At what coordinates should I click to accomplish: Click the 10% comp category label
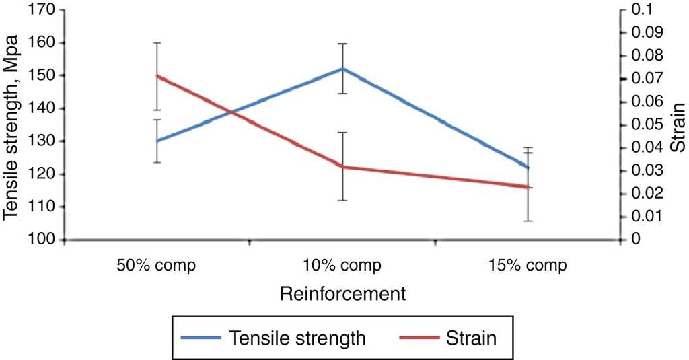point(342,265)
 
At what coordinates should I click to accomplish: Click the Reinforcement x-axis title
point(342,294)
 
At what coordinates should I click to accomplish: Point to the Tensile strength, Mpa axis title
point(11,127)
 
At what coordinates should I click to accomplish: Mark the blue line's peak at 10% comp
point(342,69)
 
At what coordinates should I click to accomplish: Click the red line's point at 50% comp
point(157,75)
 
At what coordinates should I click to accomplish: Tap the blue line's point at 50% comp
point(157,141)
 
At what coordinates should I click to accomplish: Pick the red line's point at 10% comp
point(342,166)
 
